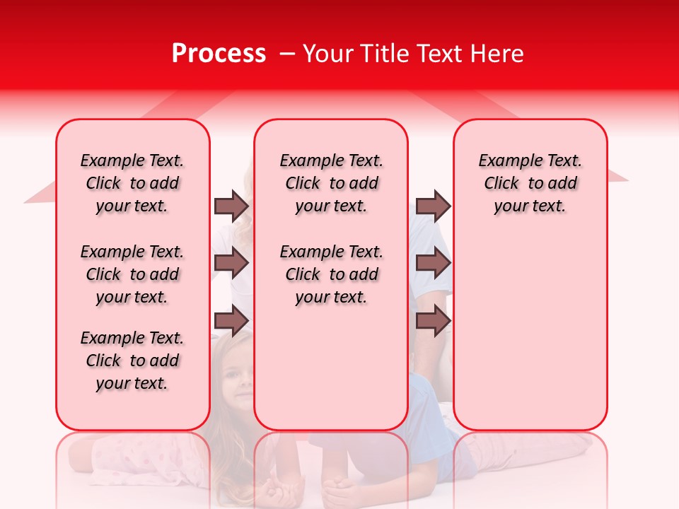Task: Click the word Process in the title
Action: coord(219,54)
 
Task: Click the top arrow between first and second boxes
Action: coord(231,206)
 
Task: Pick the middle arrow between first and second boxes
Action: coord(231,264)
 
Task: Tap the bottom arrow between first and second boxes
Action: coord(231,321)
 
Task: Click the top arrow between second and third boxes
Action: coord(433,206)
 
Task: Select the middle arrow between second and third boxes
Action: coord(433,264)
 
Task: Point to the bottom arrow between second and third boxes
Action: coord(433,321)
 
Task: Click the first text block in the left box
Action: coord(132,183)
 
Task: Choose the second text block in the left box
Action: coord(132,274)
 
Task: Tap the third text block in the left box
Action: coord(132,361)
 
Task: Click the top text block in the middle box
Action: coord(331,183)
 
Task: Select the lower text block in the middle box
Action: coord(331,274)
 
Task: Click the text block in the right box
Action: coord(530,183)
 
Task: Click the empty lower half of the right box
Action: coord(530,339)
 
